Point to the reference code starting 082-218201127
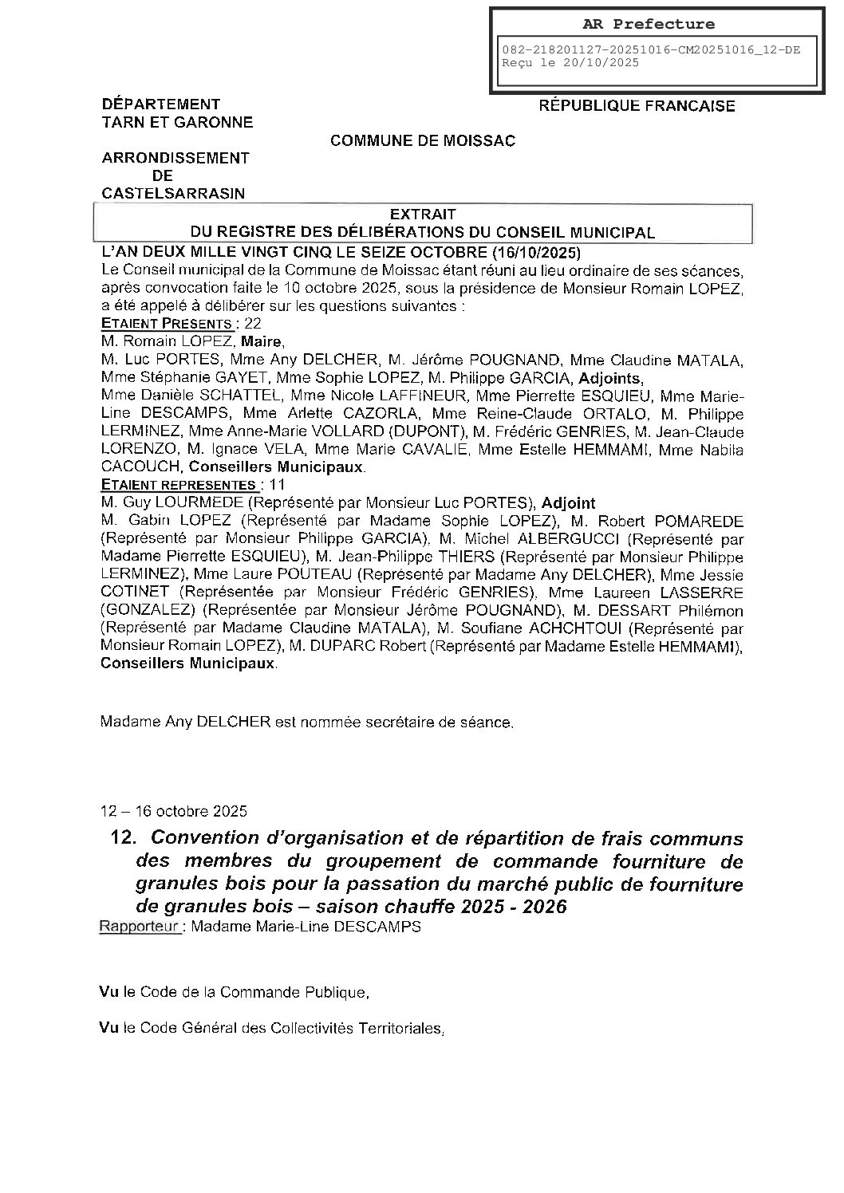(x=650, y=49)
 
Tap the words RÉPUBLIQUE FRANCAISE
(x=637, y=106)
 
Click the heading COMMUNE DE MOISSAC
(x=423, y=141)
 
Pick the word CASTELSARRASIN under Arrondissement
(x=173, y=193)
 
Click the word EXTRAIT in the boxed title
(x=423, y=215)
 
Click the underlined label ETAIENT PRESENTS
(x=167, y=324)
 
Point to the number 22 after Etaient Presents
(x=253, y=324)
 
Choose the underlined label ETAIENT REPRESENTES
(x=178, y=485)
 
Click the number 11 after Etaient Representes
(x=278, y=485)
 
